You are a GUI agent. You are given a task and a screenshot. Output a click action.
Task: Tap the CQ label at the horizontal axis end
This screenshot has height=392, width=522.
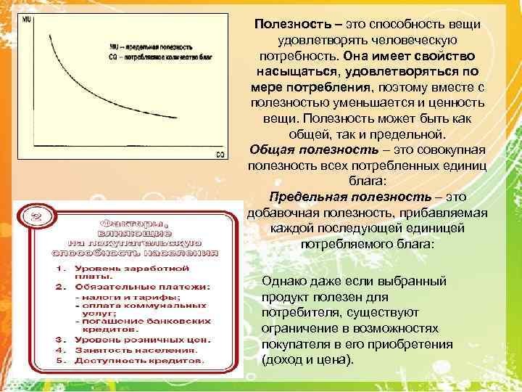click(220, 154)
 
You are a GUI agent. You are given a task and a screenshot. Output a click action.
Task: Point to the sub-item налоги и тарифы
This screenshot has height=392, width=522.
click(128, 298)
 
